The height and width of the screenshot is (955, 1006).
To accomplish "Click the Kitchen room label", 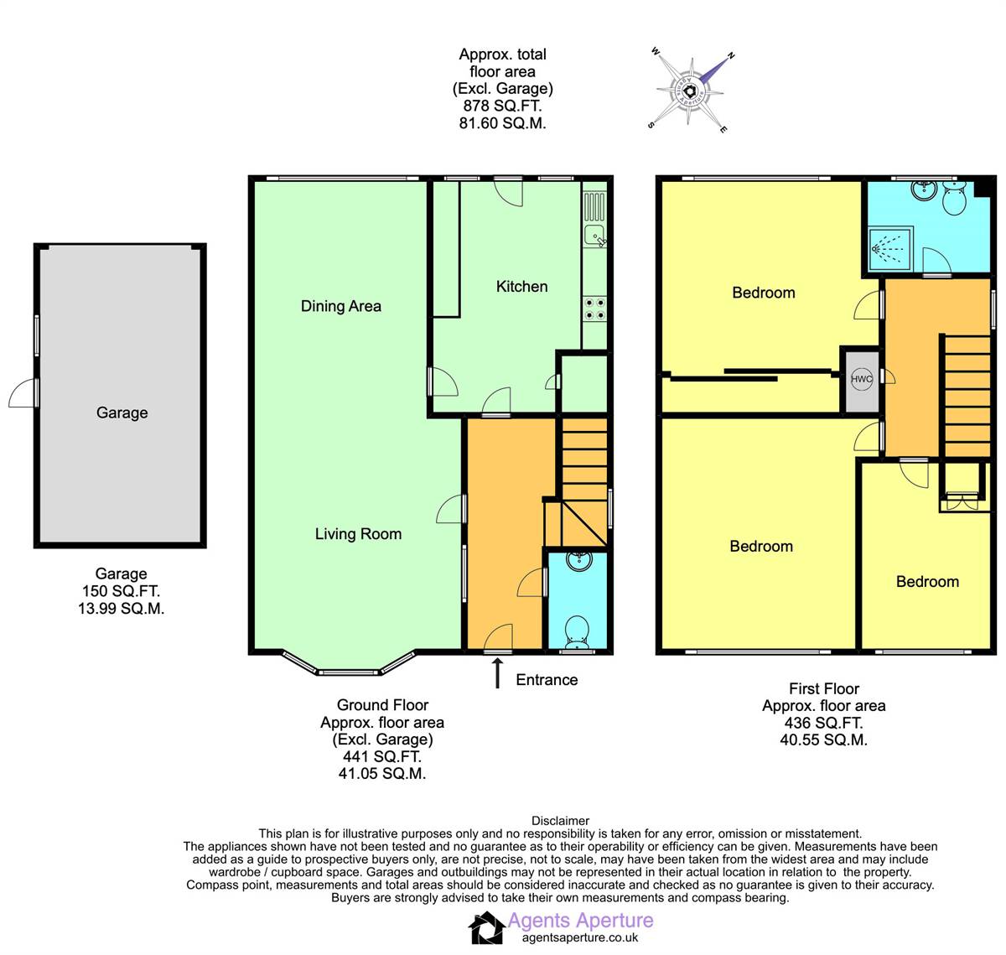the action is (521, 286).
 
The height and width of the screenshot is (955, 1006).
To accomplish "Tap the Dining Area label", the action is (341, 306).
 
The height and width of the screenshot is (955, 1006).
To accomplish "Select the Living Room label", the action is (358, 534).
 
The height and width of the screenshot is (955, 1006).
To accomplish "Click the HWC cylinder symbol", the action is (861, 379).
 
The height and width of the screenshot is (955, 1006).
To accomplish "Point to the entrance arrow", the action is (497, 673).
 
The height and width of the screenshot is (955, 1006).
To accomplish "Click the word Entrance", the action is (547, 680).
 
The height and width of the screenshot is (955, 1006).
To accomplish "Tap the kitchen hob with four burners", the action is (594, 309).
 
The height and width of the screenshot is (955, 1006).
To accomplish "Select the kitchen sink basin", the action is (594, 236).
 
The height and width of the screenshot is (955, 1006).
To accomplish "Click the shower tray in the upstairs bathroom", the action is (890, 249).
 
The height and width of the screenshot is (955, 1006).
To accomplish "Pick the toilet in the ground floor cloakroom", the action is (578, 632).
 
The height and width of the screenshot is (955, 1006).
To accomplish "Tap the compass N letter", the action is (731, 55).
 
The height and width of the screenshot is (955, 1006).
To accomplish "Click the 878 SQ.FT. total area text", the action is (502, 106).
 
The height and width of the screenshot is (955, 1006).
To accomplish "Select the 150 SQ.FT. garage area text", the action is (122, 591).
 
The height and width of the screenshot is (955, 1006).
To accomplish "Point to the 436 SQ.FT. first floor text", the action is (823, 723).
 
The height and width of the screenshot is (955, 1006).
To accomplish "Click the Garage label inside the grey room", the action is (122, 413).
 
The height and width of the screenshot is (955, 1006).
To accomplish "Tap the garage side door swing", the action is (23, 393).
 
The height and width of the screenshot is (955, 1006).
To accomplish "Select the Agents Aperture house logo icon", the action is (486, 928).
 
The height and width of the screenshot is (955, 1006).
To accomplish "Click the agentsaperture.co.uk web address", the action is (580, 937).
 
